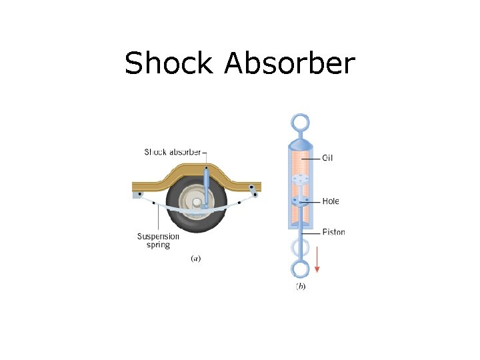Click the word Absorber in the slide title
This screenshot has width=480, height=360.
pos(289,64)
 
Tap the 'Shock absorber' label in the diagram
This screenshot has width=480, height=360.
pos(173,152)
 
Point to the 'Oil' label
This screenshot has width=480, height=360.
pos(327,158)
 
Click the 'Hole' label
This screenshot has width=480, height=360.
pos(331,201)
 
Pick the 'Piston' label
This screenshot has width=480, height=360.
pos(333,232)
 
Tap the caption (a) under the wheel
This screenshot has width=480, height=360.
pos(196,258)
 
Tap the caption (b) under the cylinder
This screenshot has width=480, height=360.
pos(300,287)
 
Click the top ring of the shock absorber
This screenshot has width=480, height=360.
pos(300,123)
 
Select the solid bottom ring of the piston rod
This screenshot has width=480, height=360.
pos(300,270)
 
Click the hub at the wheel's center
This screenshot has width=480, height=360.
pos(197,201)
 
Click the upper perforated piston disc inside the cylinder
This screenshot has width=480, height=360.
pos(300,179)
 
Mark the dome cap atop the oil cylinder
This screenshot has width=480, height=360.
pos(300,145)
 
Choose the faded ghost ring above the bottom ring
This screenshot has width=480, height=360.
pos(300,248)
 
